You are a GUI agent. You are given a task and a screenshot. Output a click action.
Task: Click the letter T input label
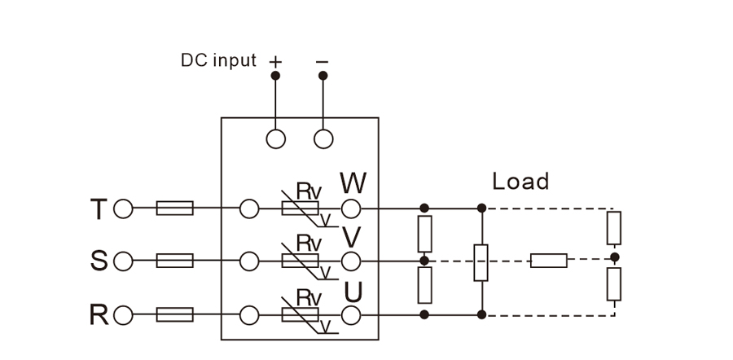98,209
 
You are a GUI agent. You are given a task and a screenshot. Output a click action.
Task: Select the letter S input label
98,261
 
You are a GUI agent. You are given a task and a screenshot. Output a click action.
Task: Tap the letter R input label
98,314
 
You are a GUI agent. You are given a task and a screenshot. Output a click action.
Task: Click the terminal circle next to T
123,209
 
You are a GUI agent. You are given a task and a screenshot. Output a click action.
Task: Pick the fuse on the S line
174,261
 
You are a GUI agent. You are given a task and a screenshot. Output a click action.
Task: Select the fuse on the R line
174,314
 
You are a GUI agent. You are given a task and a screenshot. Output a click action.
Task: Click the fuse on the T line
174,209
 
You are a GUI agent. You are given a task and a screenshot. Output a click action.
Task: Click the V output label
352,237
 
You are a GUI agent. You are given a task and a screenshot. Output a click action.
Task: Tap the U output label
353,290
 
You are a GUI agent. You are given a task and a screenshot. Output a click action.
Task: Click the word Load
520,181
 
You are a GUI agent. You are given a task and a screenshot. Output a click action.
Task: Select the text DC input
218,61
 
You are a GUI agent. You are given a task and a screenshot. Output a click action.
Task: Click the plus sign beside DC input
275,61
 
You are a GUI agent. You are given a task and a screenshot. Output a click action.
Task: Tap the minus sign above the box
323,61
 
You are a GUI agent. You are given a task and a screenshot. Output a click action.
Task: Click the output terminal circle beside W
351,209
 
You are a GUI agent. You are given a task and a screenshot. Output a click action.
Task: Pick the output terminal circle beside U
351,314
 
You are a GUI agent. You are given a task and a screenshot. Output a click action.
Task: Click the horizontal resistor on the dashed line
549,261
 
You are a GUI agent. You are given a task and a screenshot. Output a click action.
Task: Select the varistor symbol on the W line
300,209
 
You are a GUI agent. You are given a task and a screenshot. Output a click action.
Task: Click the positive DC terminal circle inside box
276,139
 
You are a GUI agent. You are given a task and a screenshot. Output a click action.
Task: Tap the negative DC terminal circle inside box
323,139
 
